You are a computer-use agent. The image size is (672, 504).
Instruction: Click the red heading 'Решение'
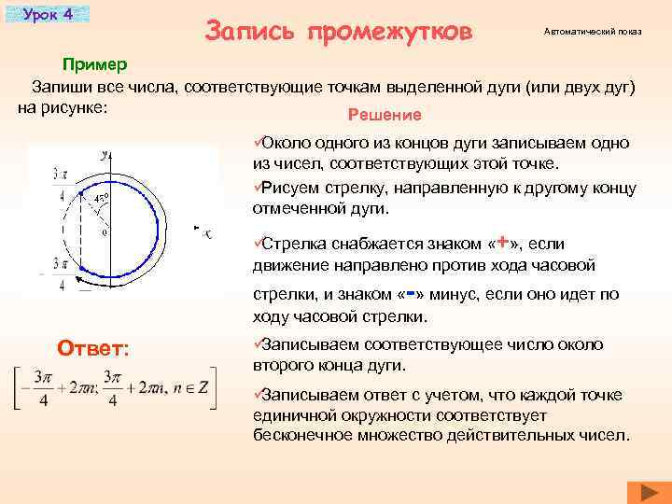(x=384, y=115)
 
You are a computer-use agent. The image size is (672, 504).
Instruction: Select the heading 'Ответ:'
(x=93, y=348)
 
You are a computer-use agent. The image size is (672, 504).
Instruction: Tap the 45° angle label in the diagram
(x=102, y=198)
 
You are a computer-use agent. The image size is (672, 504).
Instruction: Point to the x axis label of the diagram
(x=207, y=233)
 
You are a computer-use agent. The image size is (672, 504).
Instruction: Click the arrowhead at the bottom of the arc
(x=81, y=277)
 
